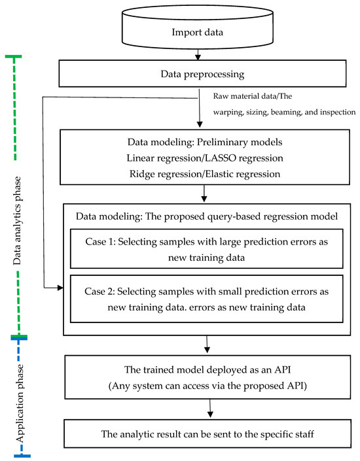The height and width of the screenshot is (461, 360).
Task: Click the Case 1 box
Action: coord(206,248)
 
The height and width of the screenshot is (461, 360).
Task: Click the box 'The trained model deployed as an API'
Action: coord(209,372)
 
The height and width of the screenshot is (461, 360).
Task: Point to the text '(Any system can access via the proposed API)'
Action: coord(209,386)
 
